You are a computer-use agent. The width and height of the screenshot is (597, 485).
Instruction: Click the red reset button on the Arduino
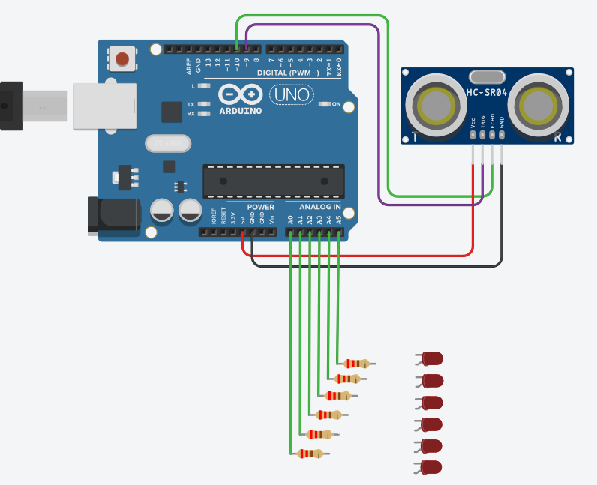pos(122,58)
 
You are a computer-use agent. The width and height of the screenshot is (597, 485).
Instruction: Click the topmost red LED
pos(431,358)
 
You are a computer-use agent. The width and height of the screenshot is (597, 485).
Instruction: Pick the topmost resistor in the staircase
pos(353,364)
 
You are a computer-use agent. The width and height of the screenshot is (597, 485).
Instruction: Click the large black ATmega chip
pos(274,182)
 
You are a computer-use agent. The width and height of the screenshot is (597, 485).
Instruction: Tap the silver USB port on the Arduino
pos(105,106)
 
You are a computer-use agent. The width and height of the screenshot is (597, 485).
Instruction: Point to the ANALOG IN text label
pos(320,206)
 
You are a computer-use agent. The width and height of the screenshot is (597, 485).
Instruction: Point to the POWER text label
pos(261,206)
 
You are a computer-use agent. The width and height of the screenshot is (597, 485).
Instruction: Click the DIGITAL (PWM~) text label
pos(288,73)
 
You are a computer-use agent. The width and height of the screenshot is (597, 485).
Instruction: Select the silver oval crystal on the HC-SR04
pos(487,76)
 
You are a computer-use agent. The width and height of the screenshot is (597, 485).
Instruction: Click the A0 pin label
pos(290,220)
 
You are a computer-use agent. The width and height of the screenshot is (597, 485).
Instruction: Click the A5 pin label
pos(339,220)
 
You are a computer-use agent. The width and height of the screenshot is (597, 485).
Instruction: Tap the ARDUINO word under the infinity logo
pos(241,111)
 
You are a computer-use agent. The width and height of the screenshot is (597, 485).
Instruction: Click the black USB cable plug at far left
pos(11,105)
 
